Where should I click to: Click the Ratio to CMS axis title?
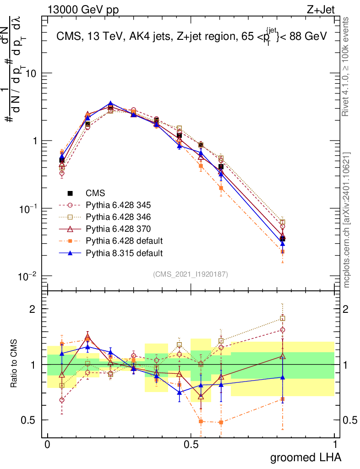[14, 365]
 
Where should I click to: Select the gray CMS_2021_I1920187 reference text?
[191, 274]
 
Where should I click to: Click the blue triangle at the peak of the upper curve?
[110, 104]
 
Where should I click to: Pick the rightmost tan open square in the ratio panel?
[283, 318]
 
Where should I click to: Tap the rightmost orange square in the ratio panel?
[283, 399]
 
